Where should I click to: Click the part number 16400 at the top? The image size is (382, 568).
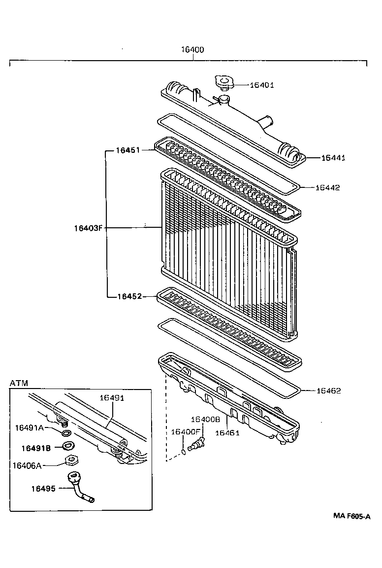coord(192,50)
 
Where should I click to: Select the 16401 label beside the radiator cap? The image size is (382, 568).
coord(261,85)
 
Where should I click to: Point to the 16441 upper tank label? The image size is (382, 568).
coord(333,158)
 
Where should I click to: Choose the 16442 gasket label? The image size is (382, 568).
coord(327,187)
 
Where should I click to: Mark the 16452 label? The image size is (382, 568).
coord(129,296)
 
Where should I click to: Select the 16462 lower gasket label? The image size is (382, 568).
coord(328,390)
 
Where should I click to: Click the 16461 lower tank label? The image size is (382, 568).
coord(227,433)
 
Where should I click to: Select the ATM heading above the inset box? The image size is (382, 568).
coord(19,383)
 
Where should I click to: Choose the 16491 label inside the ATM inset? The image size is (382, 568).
coord(112,397)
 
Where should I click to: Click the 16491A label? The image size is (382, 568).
coord(30,427)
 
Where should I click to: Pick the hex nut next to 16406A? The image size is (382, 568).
coord(71,461)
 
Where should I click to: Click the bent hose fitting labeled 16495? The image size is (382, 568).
coord(81,488)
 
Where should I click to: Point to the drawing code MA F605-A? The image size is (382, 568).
coord(351,516)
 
